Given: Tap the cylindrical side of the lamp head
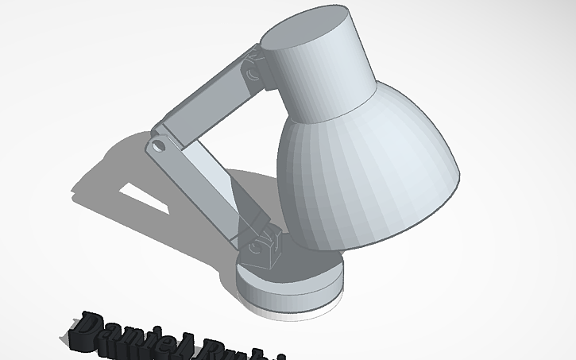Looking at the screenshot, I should [x=326, y=79].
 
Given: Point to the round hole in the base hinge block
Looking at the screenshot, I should [x=256, y=247].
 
